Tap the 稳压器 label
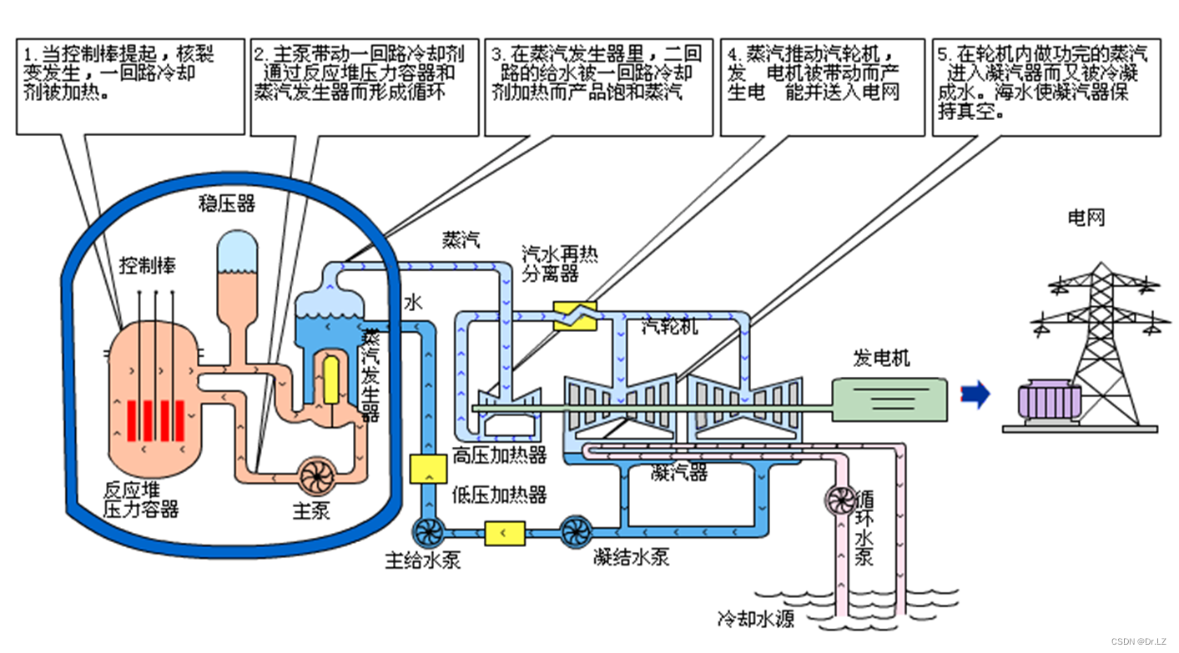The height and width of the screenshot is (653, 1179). point(226,203)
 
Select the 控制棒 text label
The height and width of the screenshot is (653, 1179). point(148,265)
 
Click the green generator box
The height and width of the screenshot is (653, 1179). point(889,399)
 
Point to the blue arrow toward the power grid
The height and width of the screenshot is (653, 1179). point(975,394)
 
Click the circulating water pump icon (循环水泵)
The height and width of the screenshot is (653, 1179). point(839,499)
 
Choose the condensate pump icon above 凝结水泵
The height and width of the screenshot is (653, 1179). point(576,531)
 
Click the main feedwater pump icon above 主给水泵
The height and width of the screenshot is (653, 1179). point(429,531)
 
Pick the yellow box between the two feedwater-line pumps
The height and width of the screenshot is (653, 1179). point(504,532)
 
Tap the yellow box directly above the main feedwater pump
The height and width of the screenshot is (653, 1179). point(429,470)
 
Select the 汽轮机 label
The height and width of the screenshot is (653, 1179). point(670,328)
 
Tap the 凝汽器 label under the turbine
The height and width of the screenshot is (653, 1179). point(678,474)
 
